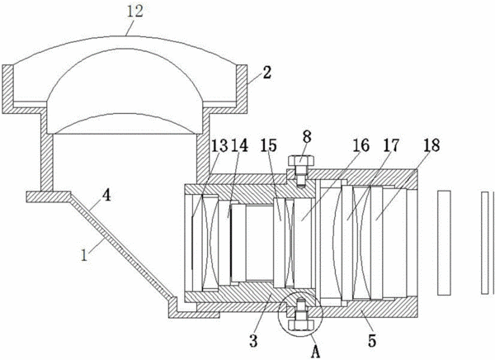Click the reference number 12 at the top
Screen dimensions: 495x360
tap(134, 12)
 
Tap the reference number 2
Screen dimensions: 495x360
tap(267, 73)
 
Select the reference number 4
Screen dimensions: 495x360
tap(106, 195)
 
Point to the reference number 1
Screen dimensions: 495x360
tap(84, 255)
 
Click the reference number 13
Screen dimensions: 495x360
tap(219, 145)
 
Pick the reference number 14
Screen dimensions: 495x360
tap(240, 145)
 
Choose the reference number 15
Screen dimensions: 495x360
tap(269, 145)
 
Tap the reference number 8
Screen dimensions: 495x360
tap(307, 137)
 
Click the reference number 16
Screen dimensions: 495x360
tap(361, 145)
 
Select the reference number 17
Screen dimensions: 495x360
tap(391, 145)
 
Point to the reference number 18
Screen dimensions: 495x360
tap(431, 145)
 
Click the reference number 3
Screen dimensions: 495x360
tap(254, 341)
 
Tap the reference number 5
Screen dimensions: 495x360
tap(372, 341)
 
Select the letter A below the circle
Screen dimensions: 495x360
tap(315, 351)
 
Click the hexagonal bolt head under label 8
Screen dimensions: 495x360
tap(301, 160)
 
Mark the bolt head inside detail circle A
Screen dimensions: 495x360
tap(300, 325)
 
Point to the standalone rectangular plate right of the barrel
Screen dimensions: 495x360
tap(444, 243)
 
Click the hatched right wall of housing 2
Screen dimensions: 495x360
tap(242, 89)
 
